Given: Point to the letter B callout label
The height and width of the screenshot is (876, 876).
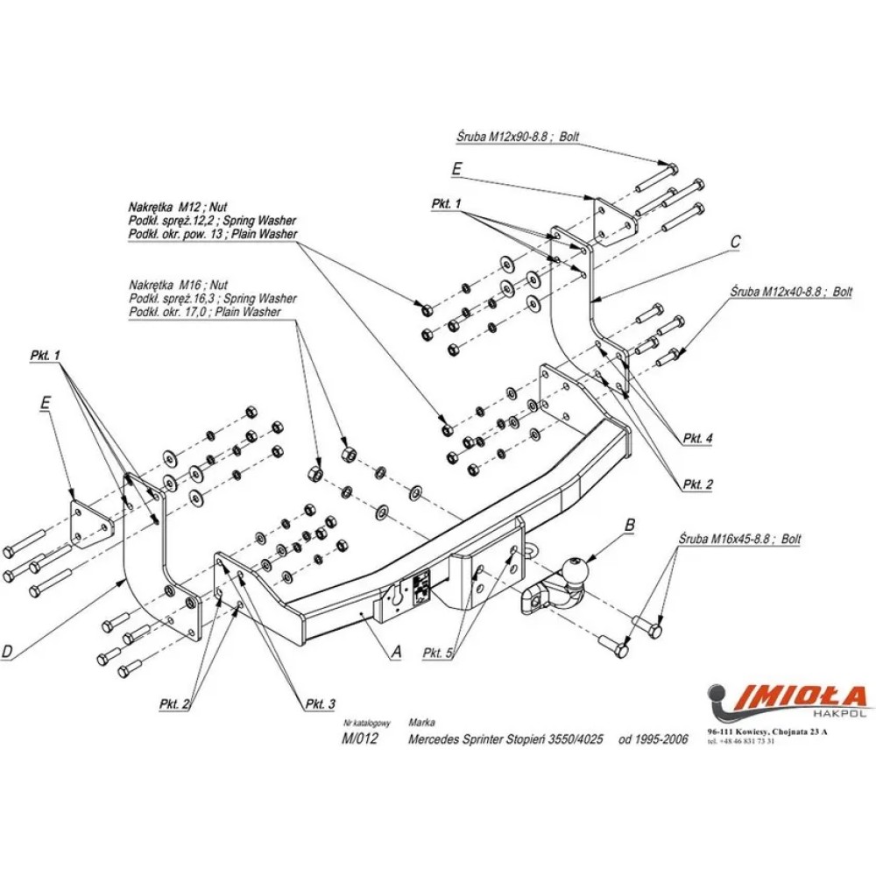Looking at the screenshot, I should point(628,526).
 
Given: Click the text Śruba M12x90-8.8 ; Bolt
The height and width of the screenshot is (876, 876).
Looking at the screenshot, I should point(518,138).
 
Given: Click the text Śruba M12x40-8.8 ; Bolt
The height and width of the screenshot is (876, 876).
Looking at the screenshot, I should point(791,292).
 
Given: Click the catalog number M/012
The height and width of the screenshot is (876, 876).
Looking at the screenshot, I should point(359,738).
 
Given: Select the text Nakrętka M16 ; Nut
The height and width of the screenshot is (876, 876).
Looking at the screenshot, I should point(177,286).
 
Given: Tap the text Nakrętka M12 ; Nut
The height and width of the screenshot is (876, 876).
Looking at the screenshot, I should point(178,208).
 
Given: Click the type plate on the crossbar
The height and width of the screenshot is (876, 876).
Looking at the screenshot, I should point(420,586).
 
